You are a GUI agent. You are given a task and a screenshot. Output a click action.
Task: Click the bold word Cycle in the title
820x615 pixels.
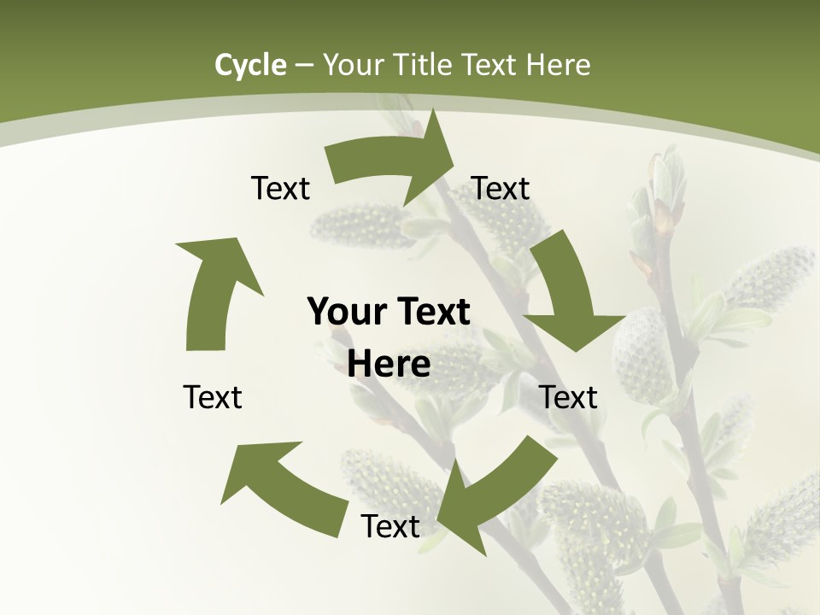(250, 65)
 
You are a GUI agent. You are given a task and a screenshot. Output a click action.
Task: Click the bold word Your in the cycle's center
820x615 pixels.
(348, 312)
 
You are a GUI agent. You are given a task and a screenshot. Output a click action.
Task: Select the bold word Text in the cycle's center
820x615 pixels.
(431, 312)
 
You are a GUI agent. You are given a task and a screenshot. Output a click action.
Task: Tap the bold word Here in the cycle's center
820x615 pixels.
(389, 364)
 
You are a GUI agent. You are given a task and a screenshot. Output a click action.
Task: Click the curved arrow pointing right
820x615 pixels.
(394, 157)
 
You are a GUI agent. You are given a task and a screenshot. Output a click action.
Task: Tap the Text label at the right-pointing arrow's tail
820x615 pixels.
(280, 188)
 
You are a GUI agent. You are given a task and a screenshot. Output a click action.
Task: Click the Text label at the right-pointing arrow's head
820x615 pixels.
(501, 188)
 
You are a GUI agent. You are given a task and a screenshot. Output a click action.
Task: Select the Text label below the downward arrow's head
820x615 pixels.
(569, 397)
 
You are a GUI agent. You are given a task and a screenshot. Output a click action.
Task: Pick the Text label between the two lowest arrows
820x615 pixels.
(390, 526)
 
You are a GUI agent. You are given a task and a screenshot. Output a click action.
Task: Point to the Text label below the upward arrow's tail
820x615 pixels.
(213, 397)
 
